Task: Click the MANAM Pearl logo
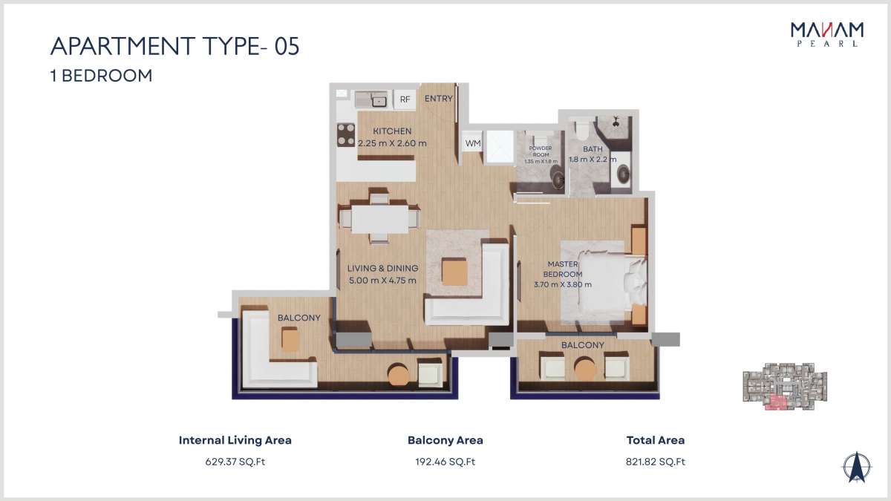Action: click(827, 35)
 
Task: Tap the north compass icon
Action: click(857, 467)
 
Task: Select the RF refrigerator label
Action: click(405, 99)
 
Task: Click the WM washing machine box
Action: click(472, 143)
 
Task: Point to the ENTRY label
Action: click(438, 98)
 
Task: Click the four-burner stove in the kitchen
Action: click(346, 135)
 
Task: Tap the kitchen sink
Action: click(379, 101)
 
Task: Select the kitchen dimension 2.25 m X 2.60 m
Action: click(392, 143)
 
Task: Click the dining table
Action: click(380, 219)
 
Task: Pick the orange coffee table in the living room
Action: click(454, 272)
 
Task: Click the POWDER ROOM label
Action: click(541, 151)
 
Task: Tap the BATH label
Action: click(593, 148)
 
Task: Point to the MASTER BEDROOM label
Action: click(563, 269)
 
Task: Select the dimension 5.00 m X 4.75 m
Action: click(382, 281)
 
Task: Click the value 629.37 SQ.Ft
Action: click(235, 462)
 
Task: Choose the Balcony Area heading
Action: click(446, 440)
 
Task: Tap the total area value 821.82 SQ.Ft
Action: click(656, 462)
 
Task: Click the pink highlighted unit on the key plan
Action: click(776, 403)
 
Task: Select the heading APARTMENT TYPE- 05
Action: click(175, 46)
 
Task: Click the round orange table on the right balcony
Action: click(584, 369)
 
